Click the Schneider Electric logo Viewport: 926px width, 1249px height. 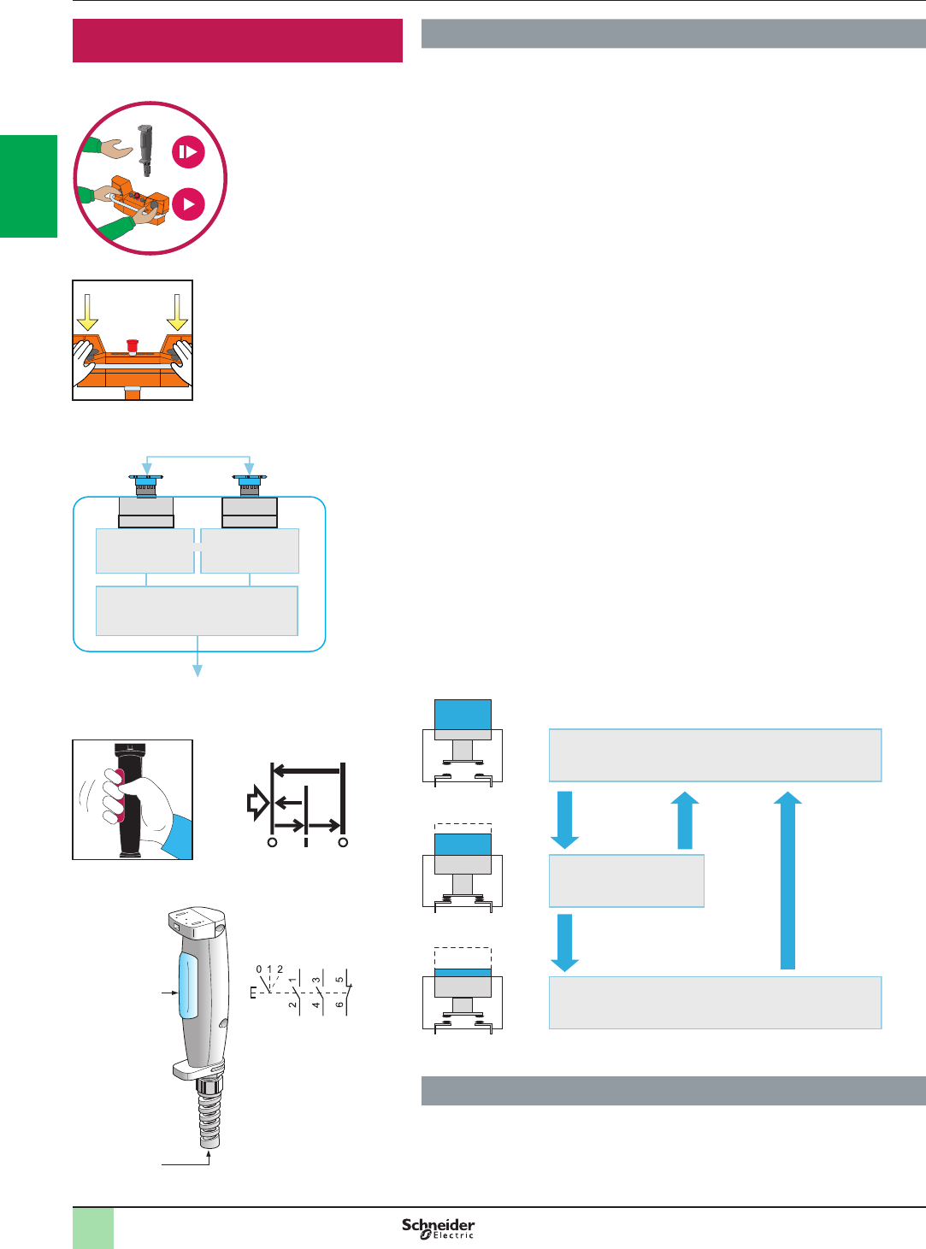439,1228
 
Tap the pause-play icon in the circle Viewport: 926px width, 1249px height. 188,152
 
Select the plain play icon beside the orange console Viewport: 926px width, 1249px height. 188,204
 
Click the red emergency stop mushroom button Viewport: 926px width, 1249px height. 133,345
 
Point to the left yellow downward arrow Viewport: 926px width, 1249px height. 87,313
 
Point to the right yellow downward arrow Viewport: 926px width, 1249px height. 177,313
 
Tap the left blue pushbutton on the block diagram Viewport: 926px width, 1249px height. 146,485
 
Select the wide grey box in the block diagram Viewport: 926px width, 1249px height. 197,610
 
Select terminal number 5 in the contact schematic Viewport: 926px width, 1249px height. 340,980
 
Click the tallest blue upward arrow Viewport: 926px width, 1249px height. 787,881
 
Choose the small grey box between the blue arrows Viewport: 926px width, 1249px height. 626,881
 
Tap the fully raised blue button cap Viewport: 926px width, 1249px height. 463,714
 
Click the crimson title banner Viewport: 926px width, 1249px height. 238,40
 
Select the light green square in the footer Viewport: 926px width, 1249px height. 93,1228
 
